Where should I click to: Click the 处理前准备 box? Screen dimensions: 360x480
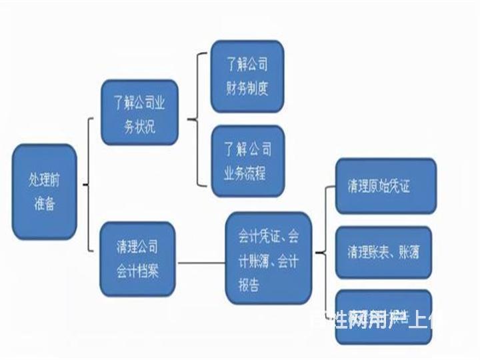(x=44, y=191)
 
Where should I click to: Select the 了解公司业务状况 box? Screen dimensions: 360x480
(x=139, y=112)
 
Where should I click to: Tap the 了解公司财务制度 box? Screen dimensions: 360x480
(x=247, y=76)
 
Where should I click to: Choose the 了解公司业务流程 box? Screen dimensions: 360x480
(x=247, y=161)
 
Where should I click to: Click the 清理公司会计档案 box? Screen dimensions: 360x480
(x=137, y=259)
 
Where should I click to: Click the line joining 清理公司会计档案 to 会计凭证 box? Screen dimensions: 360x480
(x=201, y=261)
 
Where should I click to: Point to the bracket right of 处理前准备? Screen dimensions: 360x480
(x=89, y=185)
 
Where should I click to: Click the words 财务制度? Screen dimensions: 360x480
(x=247, y=87)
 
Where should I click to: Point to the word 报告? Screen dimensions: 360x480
(x=248, y=285)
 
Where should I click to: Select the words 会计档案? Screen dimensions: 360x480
(x=137, y=271)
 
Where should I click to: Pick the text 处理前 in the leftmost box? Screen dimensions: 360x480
(x=44, y=179)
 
